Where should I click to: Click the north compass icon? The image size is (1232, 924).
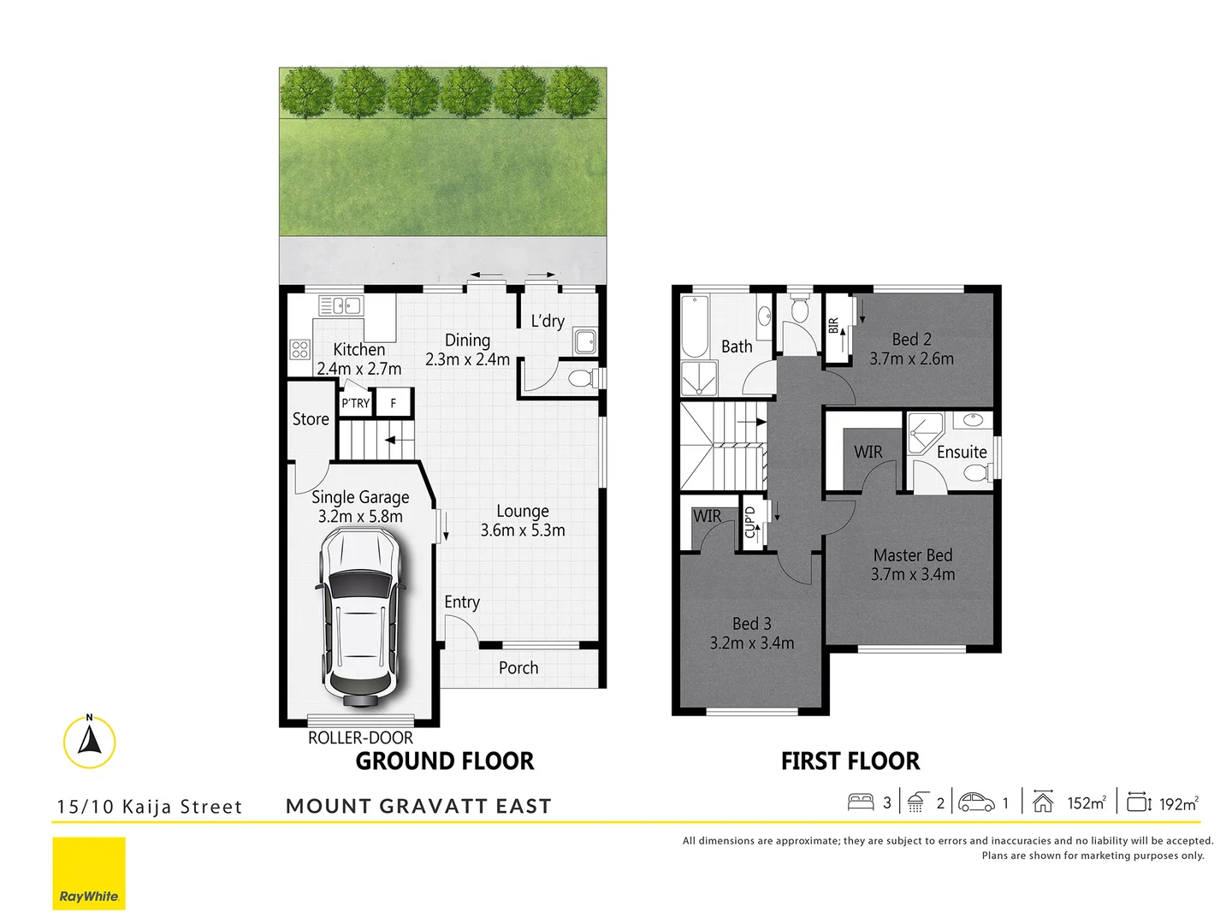click(x=89, y=741)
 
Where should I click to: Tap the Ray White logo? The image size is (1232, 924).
click(x=89, y=874)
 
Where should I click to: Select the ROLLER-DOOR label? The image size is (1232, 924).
click(x=360, y=737)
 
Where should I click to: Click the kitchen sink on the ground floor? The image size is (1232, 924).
click(x=341, y=305)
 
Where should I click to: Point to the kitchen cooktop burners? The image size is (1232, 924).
click(x=299, y=349)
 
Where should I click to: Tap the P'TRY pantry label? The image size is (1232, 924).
click(x=356, y=403)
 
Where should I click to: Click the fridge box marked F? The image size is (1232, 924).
click(x=394, y=403)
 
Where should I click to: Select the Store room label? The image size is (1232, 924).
click(x=311, y=419)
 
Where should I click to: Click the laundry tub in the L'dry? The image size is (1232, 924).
click(x=585, y=341)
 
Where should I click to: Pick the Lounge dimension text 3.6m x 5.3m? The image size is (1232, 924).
click(x=523, y=530)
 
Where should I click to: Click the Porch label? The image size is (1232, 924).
click(x=518, y=668)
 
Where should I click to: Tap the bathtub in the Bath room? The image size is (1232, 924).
click(x=695, y=326)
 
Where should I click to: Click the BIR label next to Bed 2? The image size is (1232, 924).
click(x=834, y=326)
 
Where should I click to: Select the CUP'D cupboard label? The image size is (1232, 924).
click(x=750, y=522)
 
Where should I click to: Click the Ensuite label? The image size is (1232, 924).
click(x=962, y=452)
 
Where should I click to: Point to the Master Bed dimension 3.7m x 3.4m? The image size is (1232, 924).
click(x=913, y=575)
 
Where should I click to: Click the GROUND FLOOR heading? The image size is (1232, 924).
click(x=445, y=761)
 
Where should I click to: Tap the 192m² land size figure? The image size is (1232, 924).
click(x=1178, y=803)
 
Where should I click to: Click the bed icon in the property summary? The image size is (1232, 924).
click(x=861, y=803)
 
